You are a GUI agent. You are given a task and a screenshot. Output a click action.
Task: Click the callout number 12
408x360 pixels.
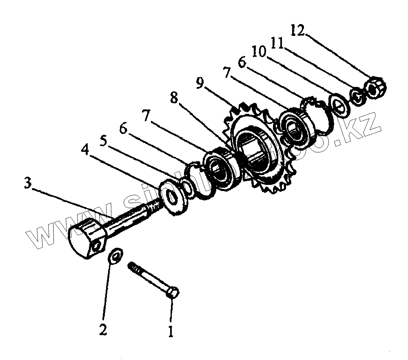[297, 31]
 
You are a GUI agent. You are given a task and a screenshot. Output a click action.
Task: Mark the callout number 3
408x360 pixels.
[27, 182]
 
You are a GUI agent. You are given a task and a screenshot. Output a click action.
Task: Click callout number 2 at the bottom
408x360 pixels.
[103, 329]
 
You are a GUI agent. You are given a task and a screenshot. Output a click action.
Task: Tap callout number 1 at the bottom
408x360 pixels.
[171, 330]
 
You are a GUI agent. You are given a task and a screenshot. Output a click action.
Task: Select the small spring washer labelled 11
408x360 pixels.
[357, 97]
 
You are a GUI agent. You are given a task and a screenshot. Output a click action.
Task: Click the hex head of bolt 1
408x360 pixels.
[173, 293]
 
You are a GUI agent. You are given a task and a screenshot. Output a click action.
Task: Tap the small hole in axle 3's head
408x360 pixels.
[97, 247]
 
